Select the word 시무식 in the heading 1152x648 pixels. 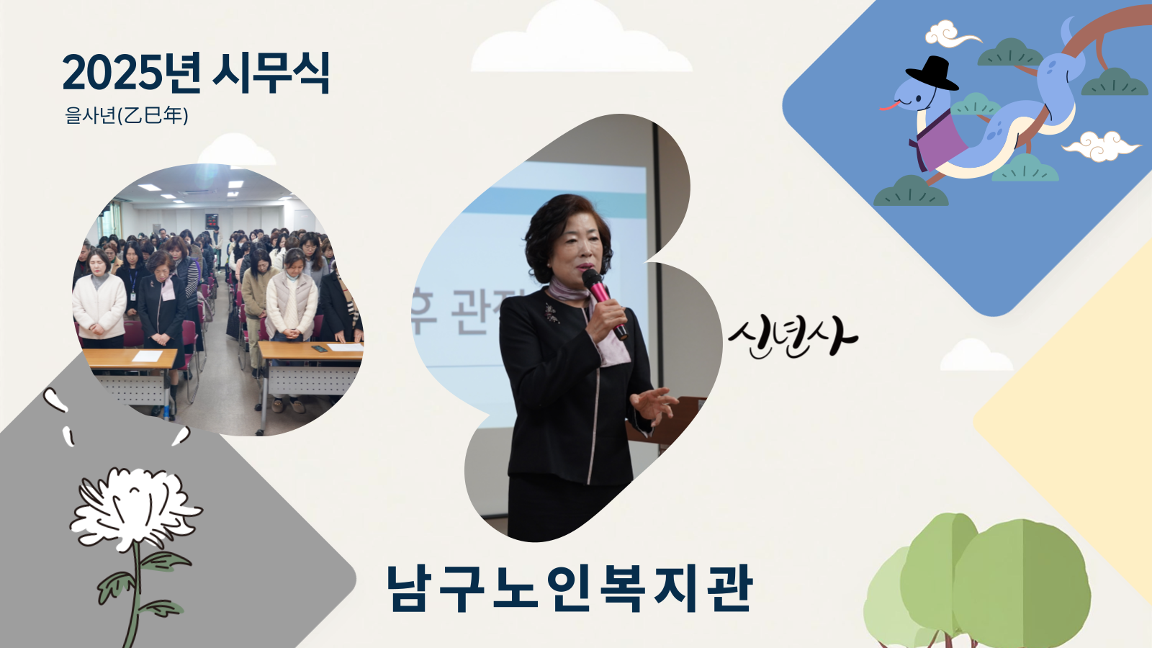coord(271,72)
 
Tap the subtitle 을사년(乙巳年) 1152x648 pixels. coord(127,115)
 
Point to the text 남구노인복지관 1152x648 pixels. coord(570,588)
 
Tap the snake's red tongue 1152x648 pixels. coord(889,106)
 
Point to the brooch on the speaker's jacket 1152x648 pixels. coord(552,312)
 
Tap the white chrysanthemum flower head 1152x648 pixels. coord(135,508)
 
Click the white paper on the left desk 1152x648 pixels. coord(148,356)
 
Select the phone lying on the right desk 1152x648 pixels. coord(320,348)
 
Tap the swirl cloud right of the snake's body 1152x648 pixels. coord(1101,146)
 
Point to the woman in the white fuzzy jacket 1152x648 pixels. coord(99,298)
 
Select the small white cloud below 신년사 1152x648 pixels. coord(976,355)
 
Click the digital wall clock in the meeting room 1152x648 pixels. coord(212,221)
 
